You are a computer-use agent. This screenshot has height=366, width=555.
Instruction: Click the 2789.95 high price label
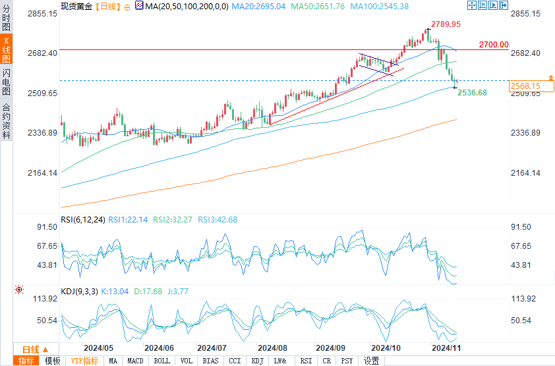pos(446,24)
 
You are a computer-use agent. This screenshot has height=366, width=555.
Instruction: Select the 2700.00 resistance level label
pos(494,45)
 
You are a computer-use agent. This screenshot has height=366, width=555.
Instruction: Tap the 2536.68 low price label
pos(472,93)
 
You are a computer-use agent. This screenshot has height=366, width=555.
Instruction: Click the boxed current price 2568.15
pos(525,86)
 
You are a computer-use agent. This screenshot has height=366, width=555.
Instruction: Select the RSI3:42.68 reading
pos(217,220)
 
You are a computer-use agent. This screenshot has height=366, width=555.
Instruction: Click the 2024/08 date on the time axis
pos(272,348)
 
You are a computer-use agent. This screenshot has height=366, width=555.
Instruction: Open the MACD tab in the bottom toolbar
pos(135,361)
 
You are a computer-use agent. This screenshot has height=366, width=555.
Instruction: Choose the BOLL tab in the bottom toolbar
pos(161,361)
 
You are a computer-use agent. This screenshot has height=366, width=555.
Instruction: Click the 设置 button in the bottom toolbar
pos(372,361)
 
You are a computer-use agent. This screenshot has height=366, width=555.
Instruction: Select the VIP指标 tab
pos(84,361)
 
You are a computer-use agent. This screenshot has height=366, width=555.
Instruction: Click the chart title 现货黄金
pos(76,6)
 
